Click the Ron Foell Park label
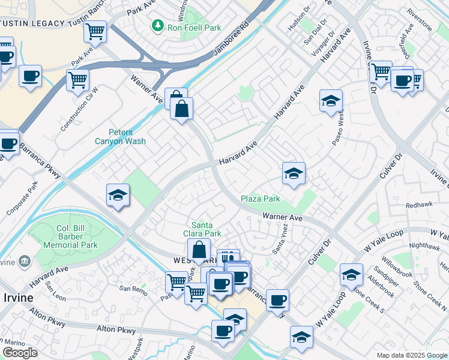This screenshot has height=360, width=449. click(194, 28)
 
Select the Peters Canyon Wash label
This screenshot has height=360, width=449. click(120, 137)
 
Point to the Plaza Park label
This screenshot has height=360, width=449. click(261, 199)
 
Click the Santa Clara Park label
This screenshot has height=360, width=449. click(206, 229)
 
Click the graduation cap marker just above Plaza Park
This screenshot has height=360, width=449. click(294, 174)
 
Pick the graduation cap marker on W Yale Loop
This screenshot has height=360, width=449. click(351, 275)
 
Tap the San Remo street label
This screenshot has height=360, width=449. click(132, 289)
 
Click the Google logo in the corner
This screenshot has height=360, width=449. click(20, 353)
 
